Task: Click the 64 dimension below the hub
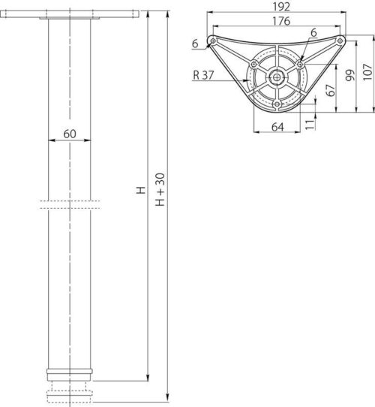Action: click(x=277, y=128)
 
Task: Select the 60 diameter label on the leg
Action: click(x=69, y=134)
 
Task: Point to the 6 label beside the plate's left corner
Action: click(x=195, y=44)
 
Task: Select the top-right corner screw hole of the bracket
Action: click(x=340, y=40)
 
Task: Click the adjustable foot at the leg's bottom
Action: click(x=73, y=393)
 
